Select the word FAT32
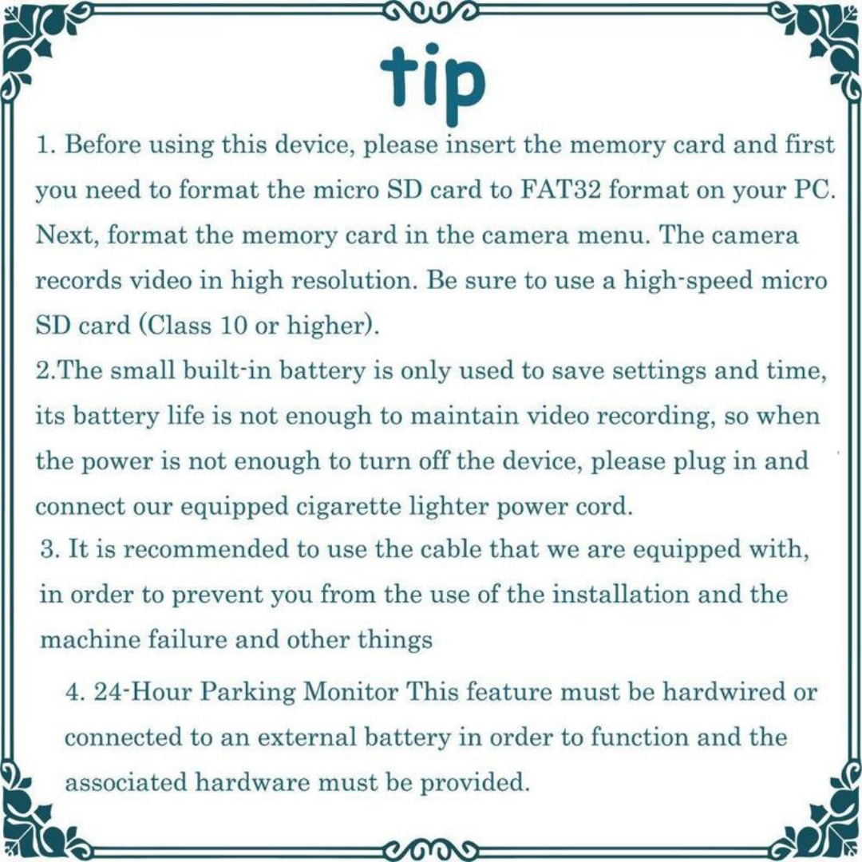pyautogui.click(x=561, y=190)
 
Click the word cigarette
pyautogui.click(x=350, y=507)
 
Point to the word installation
pyautogui.click(x=619, y=595)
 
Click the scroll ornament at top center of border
pyautogui.click(x=431, y=10)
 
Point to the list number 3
pyautogui.click(x=49, y=550)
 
